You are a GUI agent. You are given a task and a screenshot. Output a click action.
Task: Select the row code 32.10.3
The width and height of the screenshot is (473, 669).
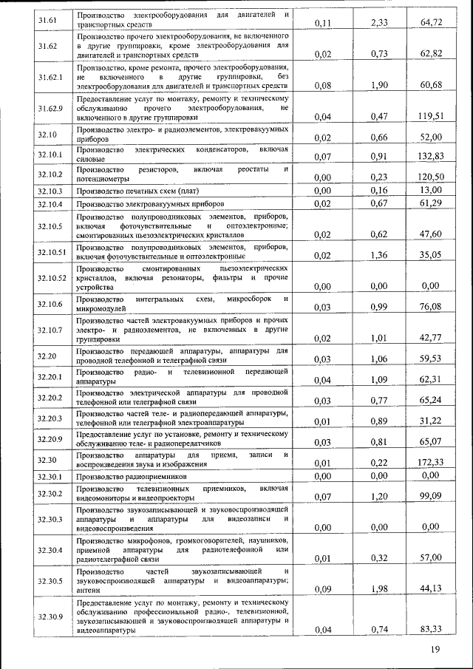tap(50, 191)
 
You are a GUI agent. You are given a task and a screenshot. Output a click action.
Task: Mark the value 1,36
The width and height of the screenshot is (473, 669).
tap(378, 256)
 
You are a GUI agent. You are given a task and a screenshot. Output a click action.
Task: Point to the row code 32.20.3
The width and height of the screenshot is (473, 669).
tap(50, 418)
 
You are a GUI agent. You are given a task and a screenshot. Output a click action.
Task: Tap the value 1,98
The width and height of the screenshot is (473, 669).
tap(378, 588)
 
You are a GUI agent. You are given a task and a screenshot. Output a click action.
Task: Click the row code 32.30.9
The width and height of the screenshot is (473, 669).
tap(50, 616)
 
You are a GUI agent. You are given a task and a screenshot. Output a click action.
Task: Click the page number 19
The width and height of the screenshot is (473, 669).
tap(435, 650)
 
